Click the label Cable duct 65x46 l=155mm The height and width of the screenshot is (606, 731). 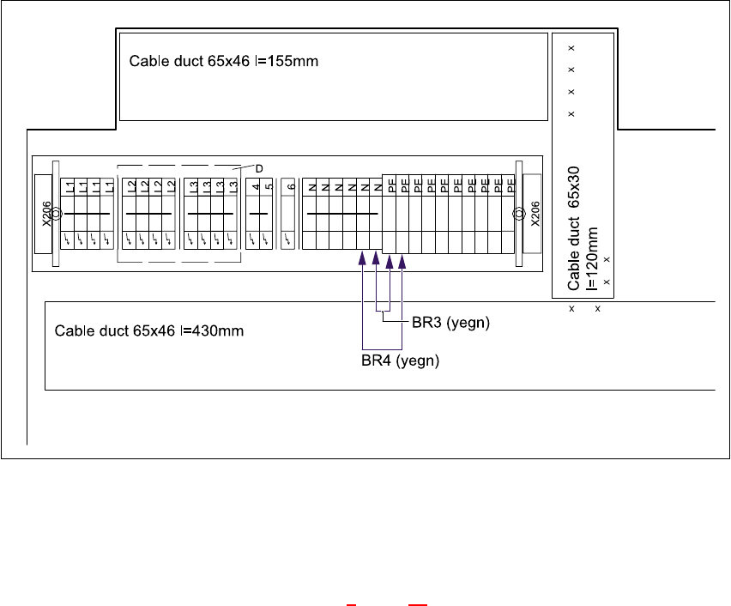[224, 62]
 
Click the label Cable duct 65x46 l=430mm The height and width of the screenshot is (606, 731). [150, 330]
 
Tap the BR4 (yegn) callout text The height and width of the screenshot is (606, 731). [400, 361]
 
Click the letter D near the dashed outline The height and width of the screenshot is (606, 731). [258, 168]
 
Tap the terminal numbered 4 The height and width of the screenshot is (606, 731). [255, 187]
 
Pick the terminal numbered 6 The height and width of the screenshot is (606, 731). [291, 187]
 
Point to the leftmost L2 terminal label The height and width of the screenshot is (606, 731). [131, 186]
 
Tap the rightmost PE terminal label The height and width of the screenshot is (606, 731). [511, 184]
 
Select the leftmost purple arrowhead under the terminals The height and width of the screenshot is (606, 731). [362, 258]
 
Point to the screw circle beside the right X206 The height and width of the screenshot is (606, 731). [518, 214]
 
